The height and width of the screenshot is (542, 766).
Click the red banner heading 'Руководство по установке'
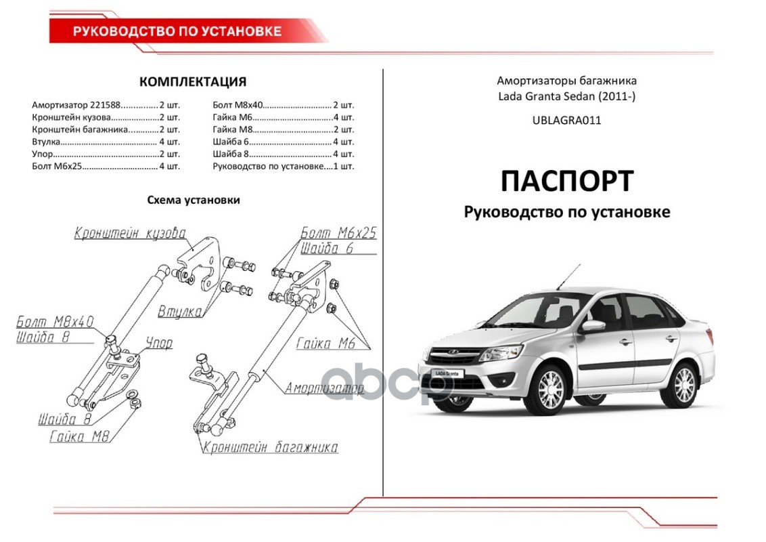coord(177,31)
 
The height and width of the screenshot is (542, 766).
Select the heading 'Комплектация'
coord(192,83)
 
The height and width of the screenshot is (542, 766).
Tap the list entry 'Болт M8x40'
coord(236,105)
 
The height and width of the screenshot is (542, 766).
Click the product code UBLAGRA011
coord(566,121)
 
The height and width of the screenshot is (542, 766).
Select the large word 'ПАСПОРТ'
coord(566,181)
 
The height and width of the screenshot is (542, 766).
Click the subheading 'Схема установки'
coord(193,201)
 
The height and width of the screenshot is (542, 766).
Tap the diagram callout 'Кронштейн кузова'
coord(130,234)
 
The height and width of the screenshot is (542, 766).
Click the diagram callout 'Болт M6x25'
coord(338,234)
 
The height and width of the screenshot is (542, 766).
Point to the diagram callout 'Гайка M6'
coord(325,343)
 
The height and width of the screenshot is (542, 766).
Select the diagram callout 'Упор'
coord(159,343)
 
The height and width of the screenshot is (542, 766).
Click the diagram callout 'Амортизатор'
coord(324,388)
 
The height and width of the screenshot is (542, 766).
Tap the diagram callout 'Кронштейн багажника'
coord(269,448)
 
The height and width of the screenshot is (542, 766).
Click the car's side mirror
coord(593,326)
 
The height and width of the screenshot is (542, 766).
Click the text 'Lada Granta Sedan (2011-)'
coord(566,97)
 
